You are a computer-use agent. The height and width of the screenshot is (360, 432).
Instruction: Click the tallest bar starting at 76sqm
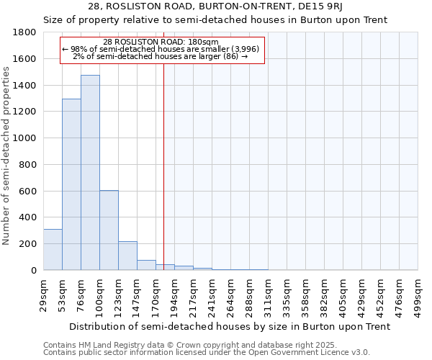[x=90, y=173]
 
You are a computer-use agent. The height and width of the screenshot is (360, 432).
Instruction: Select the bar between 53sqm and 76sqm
[x=71, y=184]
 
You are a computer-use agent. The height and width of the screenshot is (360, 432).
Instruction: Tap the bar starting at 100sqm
[x=109, y=230]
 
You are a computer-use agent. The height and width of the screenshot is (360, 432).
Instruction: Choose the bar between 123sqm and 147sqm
[x=127, y=256]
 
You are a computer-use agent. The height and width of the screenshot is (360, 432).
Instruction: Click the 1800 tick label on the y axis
[x=25, y=33]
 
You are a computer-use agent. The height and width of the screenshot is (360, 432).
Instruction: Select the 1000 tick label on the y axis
[x=25, y=138]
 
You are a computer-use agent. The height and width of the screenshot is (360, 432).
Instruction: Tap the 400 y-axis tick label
[x=28, y=217]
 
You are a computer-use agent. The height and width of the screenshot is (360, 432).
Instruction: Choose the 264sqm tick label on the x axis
[x=230, y=292]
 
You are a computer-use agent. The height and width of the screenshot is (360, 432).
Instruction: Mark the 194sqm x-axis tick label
[x=174, y=292]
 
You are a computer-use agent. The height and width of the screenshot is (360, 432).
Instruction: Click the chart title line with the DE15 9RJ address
[x=215, y=6]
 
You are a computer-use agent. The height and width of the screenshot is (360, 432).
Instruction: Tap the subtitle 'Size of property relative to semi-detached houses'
[x=215, y=19]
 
